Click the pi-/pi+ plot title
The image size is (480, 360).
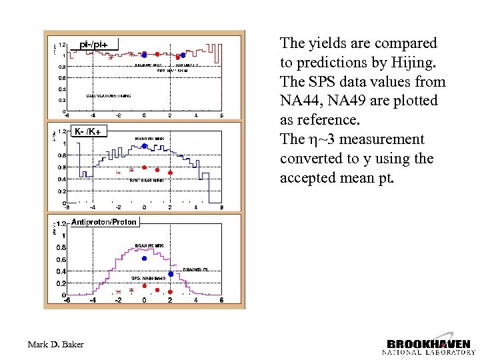click(94, 44)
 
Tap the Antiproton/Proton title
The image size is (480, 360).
click(103, 221)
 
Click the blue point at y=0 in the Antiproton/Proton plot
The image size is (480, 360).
click(144, 258)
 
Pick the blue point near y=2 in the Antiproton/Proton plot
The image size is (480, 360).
click(171, 274)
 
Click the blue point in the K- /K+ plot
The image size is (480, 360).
click(144, 148)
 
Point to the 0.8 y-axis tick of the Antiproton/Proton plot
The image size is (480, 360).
click(60, 247)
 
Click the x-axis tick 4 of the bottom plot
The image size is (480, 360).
click(196, 300)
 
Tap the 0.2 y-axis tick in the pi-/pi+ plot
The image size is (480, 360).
click(61, 100)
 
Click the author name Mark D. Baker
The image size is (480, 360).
click(56, 344)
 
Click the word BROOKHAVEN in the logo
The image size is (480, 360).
click(427, 337)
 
